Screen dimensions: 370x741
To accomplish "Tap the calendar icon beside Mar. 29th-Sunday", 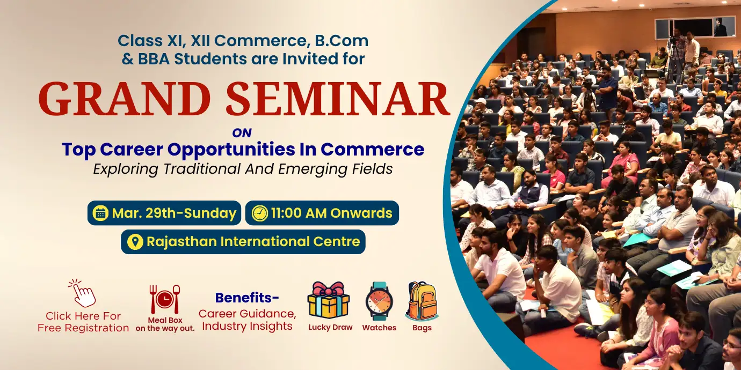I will [100, 213].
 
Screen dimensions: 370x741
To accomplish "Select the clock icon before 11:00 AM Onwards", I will [259, 213].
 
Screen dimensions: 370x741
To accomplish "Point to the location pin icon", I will [135, 242].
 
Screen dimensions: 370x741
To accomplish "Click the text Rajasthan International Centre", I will [253, 242].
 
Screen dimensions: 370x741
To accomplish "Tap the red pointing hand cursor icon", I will [83, 293].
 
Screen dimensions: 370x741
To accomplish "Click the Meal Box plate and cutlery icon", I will [164, 299].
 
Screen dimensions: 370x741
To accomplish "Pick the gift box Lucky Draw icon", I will [328, 300].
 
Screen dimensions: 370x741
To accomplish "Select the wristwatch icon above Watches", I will [379, 301].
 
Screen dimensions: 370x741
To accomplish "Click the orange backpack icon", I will [422, 301].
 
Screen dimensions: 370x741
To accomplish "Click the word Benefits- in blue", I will [247, 298].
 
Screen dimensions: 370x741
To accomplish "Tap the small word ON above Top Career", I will [242, 132].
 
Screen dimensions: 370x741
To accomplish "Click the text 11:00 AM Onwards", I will [331, 213].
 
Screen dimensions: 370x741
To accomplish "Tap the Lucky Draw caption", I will [330, 327].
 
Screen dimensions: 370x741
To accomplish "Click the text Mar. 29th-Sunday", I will [174, 213].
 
